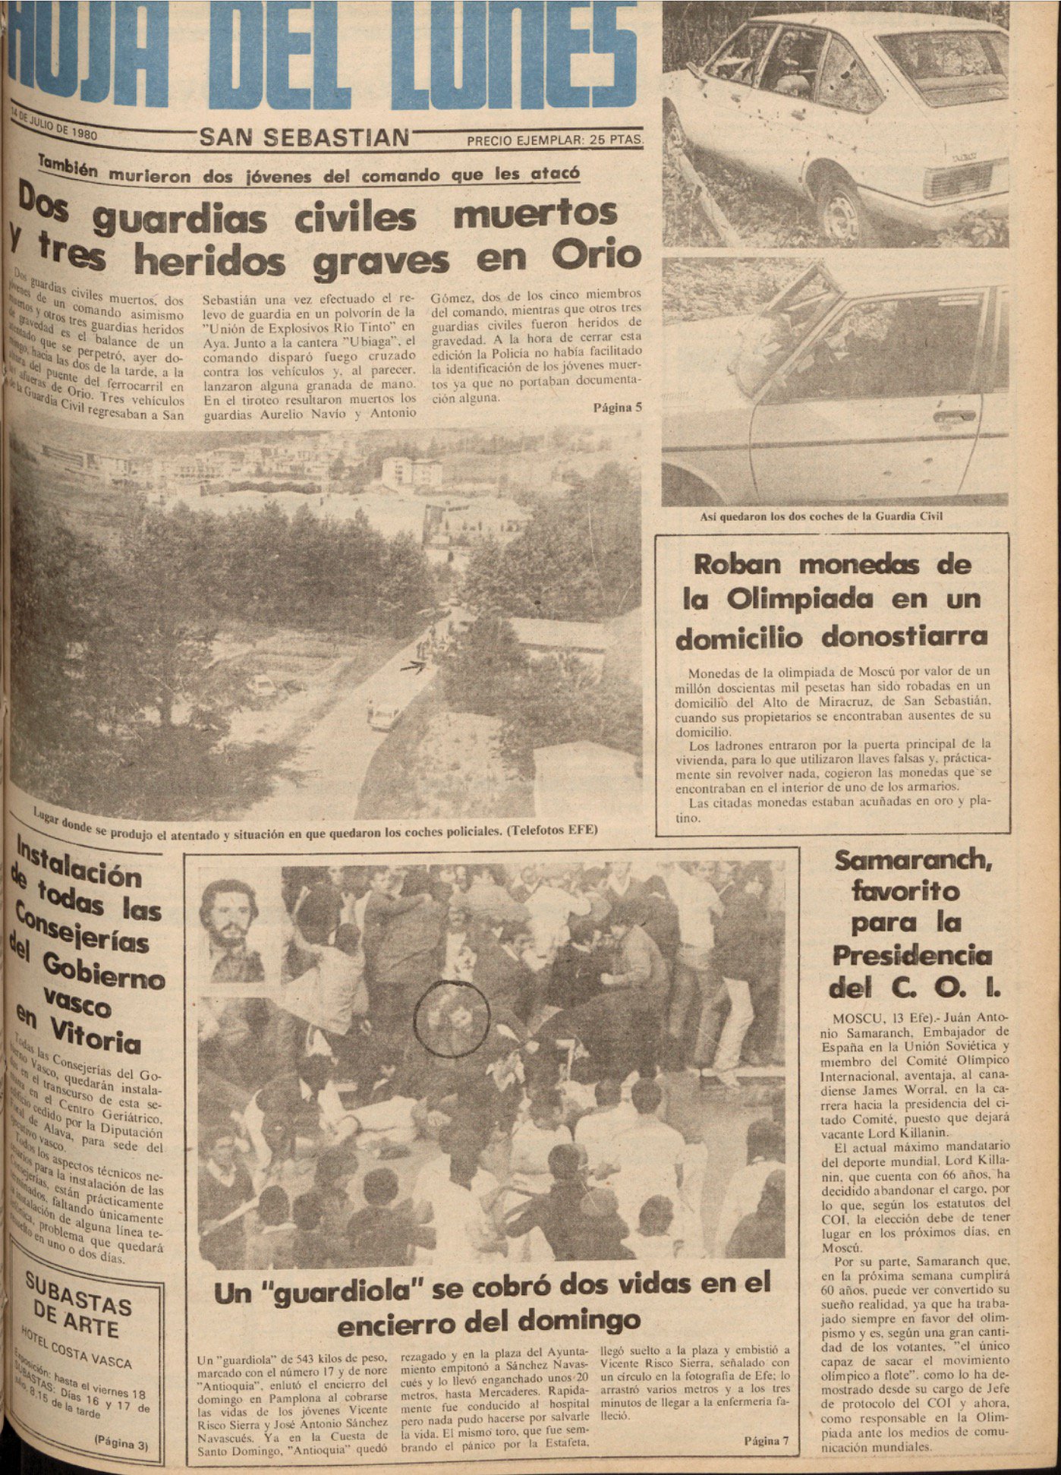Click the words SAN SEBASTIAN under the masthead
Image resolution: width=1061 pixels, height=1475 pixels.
304,137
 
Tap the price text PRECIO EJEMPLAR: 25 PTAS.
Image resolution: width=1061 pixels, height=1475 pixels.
555,140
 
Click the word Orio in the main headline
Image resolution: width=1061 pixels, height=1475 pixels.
596,257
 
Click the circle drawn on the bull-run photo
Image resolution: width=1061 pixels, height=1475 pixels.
452,1017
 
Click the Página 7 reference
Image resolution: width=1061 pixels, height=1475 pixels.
767,1440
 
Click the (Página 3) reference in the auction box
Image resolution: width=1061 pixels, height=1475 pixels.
121,1445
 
